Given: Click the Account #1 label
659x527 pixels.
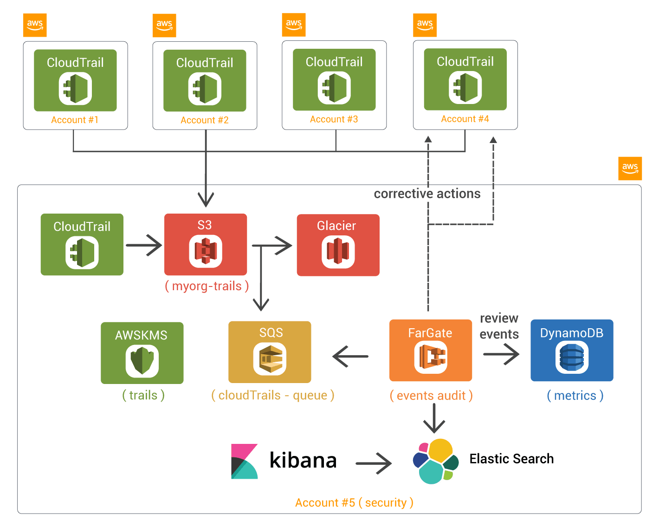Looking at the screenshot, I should [74, 120].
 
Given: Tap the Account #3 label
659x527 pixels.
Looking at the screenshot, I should [334, 119].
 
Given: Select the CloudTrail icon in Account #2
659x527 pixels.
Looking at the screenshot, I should [205, 89].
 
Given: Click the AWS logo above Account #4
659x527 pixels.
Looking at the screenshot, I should [425, 25].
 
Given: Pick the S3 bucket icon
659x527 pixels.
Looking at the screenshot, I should [206, 251].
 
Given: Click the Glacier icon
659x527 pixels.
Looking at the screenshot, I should [338, 252].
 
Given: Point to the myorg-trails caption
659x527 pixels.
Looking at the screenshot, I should [207, 286].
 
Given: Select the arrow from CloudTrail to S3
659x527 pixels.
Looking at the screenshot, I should [144, 245].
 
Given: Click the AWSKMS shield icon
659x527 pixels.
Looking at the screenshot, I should [142, 360].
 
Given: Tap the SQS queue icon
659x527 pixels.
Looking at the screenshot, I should [270, 359].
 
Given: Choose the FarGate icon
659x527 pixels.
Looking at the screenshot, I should [431, 357].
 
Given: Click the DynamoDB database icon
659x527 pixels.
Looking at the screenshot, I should [572, 358].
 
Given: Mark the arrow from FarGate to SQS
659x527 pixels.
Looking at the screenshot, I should [350, 357].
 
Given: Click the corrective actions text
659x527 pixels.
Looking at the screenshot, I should [427, 194].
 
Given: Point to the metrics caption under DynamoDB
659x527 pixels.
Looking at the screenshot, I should [575, 396].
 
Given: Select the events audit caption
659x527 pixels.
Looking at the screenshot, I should [431, 396].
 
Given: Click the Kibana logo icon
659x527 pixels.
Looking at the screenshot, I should [245, 461].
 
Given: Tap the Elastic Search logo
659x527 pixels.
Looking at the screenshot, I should [435, 461].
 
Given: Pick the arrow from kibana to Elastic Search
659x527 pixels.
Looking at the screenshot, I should [374, 463].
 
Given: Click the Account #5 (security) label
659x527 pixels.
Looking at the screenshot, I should [354, 503].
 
